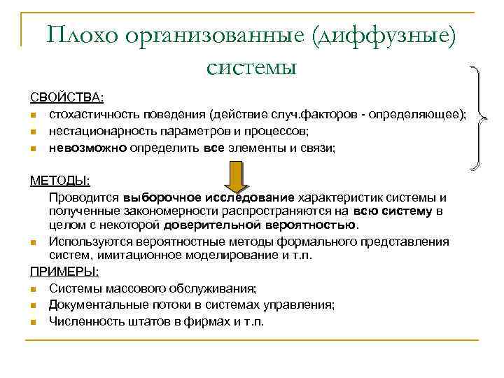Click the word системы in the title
(252, 67)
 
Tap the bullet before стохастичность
(34, 114)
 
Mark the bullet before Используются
(34, 243)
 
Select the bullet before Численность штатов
(34, 322)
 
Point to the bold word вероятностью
(316, 225)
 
